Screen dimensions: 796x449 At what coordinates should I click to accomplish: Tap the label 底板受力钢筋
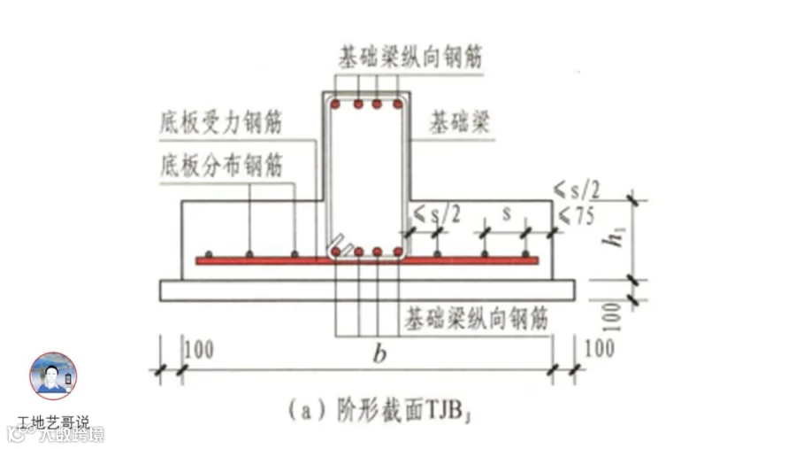[221, 122]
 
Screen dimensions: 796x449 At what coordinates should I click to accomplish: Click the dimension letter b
[379, 354]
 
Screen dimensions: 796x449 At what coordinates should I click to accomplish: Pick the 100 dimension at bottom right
[599, 347]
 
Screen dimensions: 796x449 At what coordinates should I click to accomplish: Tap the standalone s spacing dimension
[506, 213]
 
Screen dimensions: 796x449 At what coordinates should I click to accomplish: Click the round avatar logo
[53, 375]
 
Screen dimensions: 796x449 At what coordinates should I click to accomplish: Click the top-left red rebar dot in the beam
[336, 105]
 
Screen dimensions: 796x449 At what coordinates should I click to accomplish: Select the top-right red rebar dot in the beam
[397, 105]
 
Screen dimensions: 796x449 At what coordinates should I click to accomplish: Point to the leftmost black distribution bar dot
[209, 253]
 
